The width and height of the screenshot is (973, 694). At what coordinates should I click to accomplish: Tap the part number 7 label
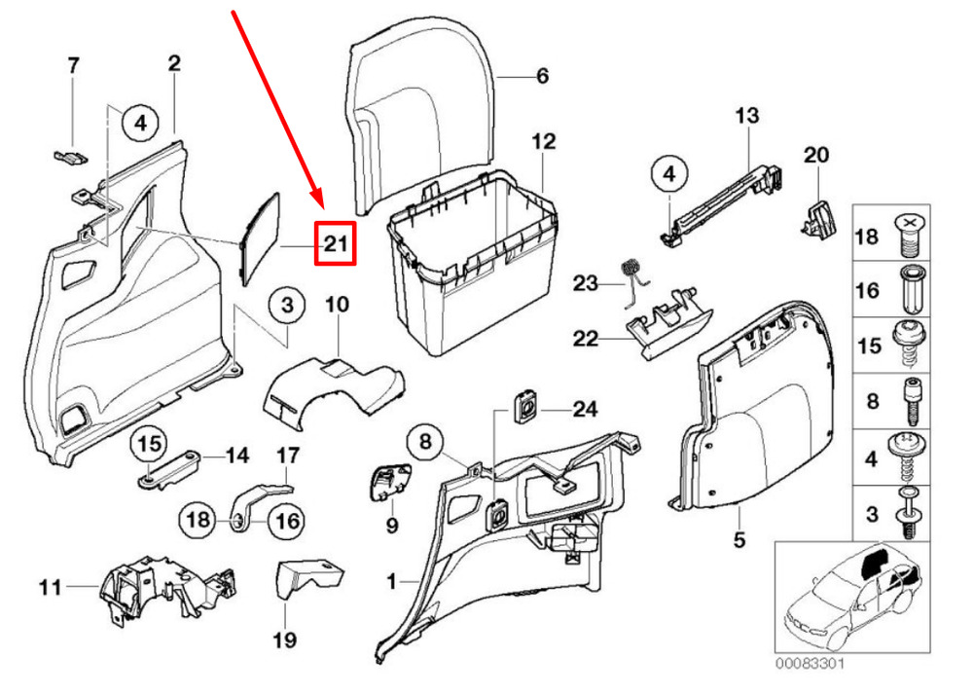(72, 66)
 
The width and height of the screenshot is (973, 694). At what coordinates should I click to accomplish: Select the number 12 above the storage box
(543, 142)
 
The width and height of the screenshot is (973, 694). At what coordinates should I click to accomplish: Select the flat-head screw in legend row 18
(911, 235)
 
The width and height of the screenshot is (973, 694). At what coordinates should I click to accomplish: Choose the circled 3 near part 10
(287, 307)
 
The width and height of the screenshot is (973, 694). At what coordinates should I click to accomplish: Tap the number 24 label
(587, 411)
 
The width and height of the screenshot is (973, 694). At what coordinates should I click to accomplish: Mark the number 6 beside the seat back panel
(542, 76)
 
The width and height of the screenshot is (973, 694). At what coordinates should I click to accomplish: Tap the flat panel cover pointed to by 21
(259, 236)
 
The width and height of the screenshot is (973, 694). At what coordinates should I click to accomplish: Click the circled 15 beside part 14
(150, 444)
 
